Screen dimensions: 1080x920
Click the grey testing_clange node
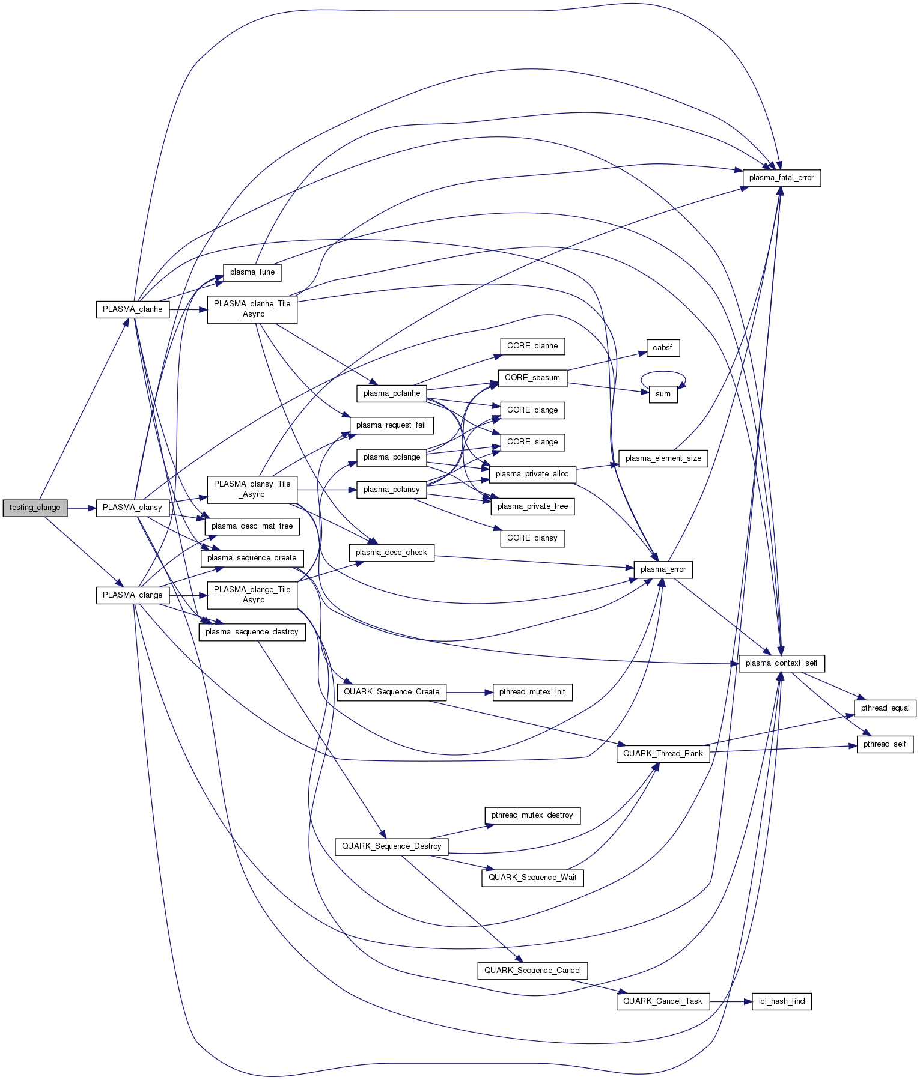tap(35, 508)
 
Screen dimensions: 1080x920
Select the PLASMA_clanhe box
tap(132, 309)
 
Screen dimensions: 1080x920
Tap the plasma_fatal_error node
tap(781, 178)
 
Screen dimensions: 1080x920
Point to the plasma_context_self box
tap(781, 663)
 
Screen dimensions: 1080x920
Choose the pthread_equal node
tap(885, 708)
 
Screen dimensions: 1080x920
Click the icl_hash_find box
tap(781, 1001)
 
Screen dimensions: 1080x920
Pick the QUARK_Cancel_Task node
tap(662, 1001)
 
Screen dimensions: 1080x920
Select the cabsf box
tap(662, 348)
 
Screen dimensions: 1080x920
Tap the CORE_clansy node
tap(532, 538)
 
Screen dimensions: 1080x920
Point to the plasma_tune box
tap(252, 272)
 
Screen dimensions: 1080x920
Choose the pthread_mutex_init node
tap(532, 692)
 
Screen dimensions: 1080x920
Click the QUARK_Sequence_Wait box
tap(532, 878)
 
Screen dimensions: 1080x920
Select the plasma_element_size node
tap(663, 458)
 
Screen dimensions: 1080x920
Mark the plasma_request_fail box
tap(391, 425)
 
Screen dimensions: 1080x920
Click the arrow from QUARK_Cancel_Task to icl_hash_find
tap(730, 1001)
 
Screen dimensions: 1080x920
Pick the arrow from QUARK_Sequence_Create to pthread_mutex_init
tap(469, 692)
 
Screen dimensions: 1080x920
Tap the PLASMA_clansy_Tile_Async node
tap(252, 489)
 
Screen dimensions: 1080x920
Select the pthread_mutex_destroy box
tap(532, 815)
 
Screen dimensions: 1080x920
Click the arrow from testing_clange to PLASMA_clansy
tap(82, 508)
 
